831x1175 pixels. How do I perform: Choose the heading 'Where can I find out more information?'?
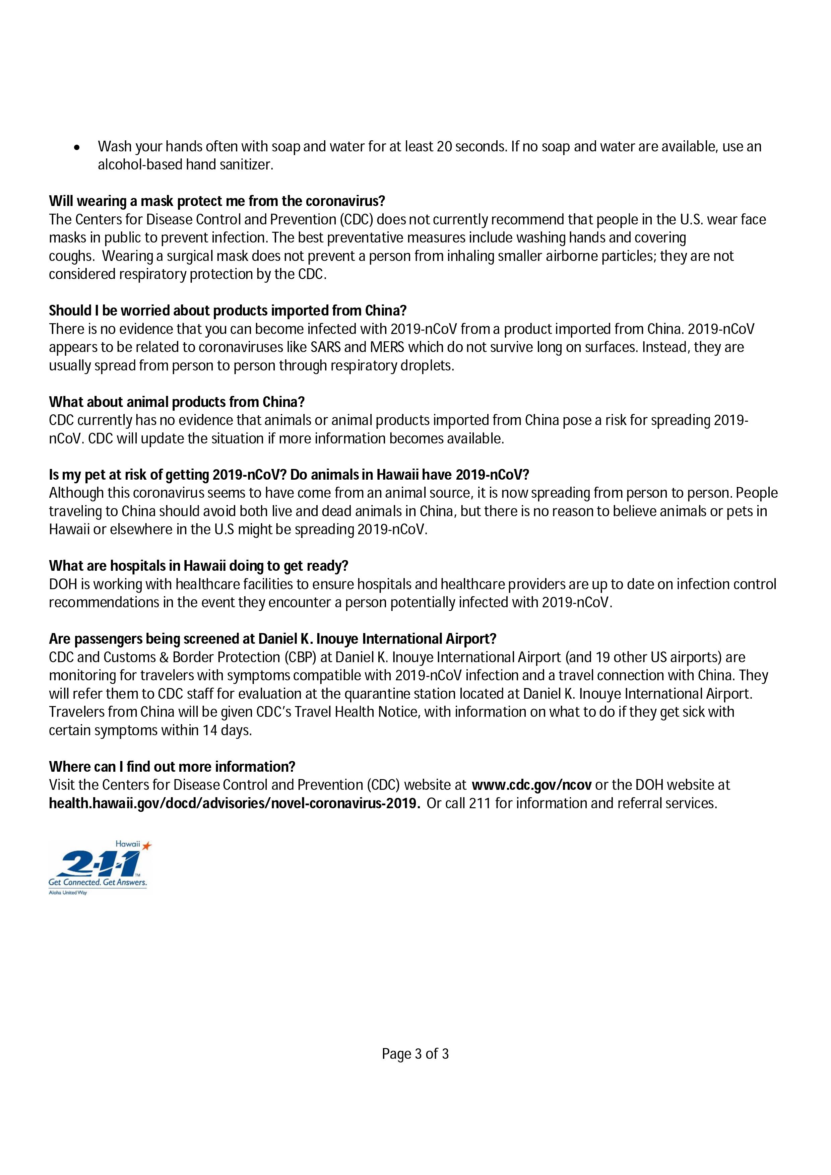tap(172, 767)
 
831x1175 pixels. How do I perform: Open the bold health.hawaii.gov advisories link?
tap(235, 804)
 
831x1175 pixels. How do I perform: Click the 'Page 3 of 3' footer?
tap(415, 1054)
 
